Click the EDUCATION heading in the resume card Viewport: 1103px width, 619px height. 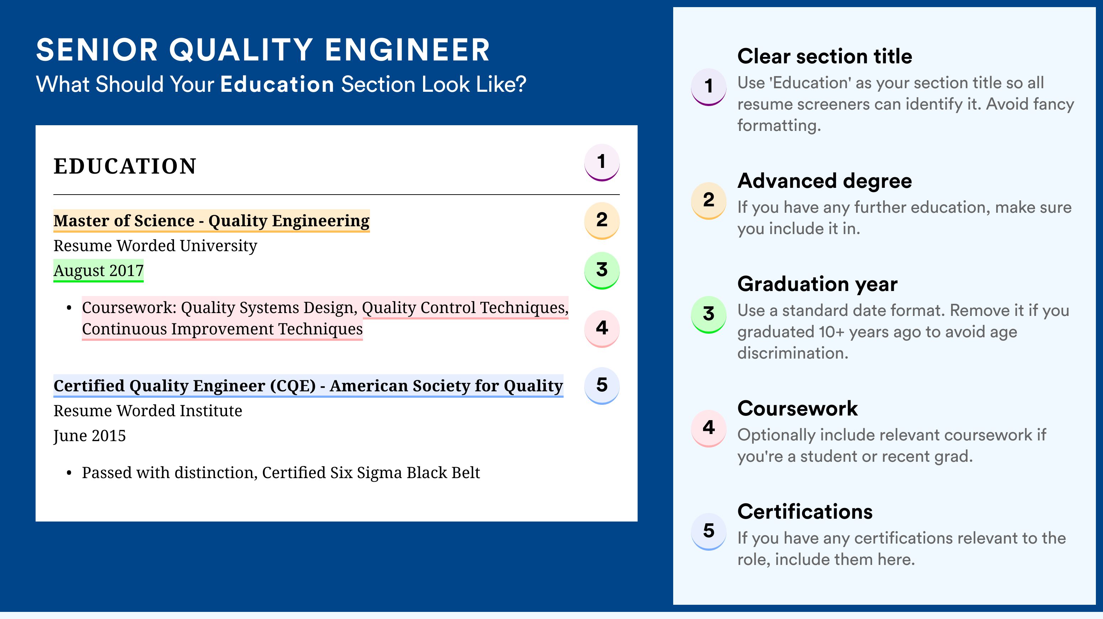(125, 166)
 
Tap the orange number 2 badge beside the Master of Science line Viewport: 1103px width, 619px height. (602, 220)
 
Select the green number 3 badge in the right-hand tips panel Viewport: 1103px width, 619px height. (709, 314)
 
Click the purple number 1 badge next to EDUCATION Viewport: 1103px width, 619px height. (602, 162)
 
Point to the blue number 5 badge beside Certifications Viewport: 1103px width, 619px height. (709, 531)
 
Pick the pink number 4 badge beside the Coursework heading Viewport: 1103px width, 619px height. (709, 428)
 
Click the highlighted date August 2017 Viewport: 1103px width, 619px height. (99, 270)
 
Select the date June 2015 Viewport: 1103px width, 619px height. (90, 436)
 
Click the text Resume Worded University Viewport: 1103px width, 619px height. (155, 246)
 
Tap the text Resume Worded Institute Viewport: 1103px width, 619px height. (148, 411)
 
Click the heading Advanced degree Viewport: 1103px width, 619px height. (824, 181)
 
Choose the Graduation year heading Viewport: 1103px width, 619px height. (817, 284)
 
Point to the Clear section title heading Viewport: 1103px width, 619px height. (824, 56)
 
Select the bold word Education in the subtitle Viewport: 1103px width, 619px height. (277, 84)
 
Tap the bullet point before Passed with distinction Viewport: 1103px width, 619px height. (69, 473)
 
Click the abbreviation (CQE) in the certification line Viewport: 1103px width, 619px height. (292, 386)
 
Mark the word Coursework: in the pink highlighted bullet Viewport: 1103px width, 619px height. (129, 307)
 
